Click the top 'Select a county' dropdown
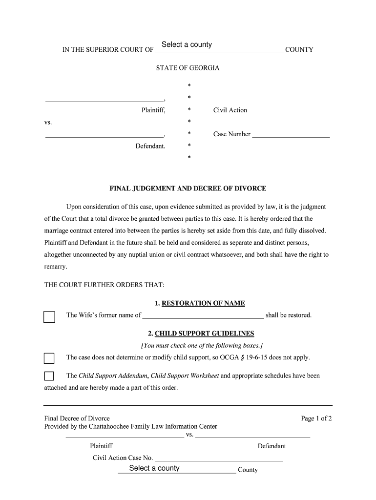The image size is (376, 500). [218, 45]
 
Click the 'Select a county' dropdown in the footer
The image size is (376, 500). [177, 469]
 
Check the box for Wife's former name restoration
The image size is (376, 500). [49, 317]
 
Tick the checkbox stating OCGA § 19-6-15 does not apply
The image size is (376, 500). [49, 358]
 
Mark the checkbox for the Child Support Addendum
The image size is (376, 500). [49, 376]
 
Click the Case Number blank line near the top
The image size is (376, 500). [291, 135]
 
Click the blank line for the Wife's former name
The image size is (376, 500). [203, 315]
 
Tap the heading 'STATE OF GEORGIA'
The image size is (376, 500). [188, 68]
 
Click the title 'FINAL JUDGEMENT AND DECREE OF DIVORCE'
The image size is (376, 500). [188, 188]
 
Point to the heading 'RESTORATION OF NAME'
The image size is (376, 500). [203, 303]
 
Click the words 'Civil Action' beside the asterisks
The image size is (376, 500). [230, 110]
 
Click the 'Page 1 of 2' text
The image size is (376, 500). [316, 418]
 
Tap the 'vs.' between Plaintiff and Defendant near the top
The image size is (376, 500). [48, 122]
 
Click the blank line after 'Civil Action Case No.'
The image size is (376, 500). [219, 458]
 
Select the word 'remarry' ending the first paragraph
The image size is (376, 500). [55, 267]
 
